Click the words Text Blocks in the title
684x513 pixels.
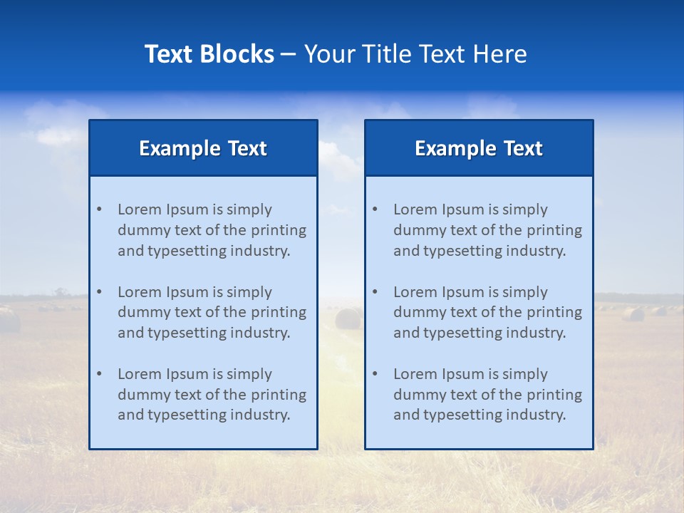click(209, 54)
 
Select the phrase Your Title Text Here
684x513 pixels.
click(415, 54)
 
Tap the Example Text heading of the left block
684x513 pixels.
click(203, 148)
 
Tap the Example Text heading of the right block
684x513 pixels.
click(479, 148)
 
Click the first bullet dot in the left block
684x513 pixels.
click(99, 209)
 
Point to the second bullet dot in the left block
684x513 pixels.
click(99, 292)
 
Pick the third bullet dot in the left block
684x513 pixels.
click(99, 374)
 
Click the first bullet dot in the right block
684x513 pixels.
click(375, 209)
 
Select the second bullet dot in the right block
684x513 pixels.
click(375, 292)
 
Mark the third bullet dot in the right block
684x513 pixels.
click(375, 374)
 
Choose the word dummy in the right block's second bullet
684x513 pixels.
click(416, 312)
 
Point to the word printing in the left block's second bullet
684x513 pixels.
click(279, 312)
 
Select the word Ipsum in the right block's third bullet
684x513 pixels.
click(465, 374)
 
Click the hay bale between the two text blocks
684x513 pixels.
click(348, 318)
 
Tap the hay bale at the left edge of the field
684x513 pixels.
click(9, 320)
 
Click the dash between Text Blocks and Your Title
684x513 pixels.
click(289, 54)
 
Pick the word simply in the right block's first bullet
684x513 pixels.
click(525, 209)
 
